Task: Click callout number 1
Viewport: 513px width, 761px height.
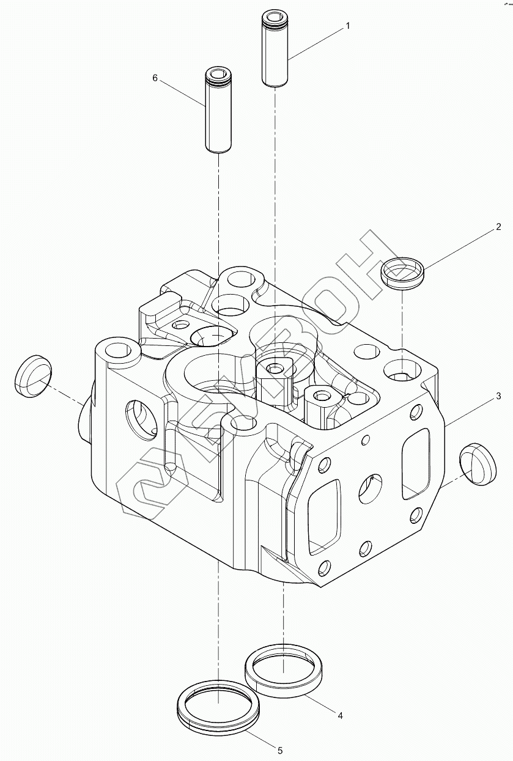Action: point(347,26)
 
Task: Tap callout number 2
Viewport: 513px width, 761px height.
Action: point(498,227)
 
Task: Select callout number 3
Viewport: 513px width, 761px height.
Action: point(498,396)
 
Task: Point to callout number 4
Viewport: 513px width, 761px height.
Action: point(340,707)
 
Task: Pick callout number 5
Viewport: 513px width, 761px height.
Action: point(279,751)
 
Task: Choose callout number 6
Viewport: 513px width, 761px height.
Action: point(155,78)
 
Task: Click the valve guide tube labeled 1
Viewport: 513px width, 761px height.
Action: point(275,48)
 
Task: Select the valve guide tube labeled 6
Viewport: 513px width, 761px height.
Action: point(218,110)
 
